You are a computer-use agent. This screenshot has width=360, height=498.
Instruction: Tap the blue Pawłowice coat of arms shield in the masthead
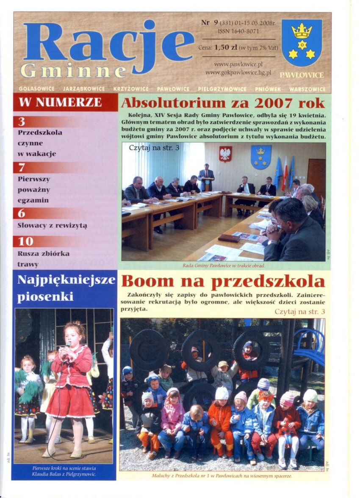(302, 43)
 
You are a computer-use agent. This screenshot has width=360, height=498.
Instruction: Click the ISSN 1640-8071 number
(238, 31)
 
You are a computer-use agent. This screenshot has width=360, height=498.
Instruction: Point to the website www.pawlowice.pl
(238, 64)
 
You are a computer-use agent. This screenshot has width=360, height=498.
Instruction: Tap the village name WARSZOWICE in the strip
(307, 89)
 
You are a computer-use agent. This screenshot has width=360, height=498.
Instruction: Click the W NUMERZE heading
(60, 102)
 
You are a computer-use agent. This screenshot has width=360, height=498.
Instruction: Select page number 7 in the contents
(22, 168)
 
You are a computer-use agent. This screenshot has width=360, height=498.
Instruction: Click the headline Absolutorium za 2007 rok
(223, 103)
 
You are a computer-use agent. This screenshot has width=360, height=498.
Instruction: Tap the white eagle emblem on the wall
(225, 154)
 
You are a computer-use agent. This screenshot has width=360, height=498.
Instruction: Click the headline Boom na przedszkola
(223, 282)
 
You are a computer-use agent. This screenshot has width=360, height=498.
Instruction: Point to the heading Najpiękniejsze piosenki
(66, 288)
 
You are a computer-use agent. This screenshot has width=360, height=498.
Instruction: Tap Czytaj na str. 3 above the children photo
(299, 312)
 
